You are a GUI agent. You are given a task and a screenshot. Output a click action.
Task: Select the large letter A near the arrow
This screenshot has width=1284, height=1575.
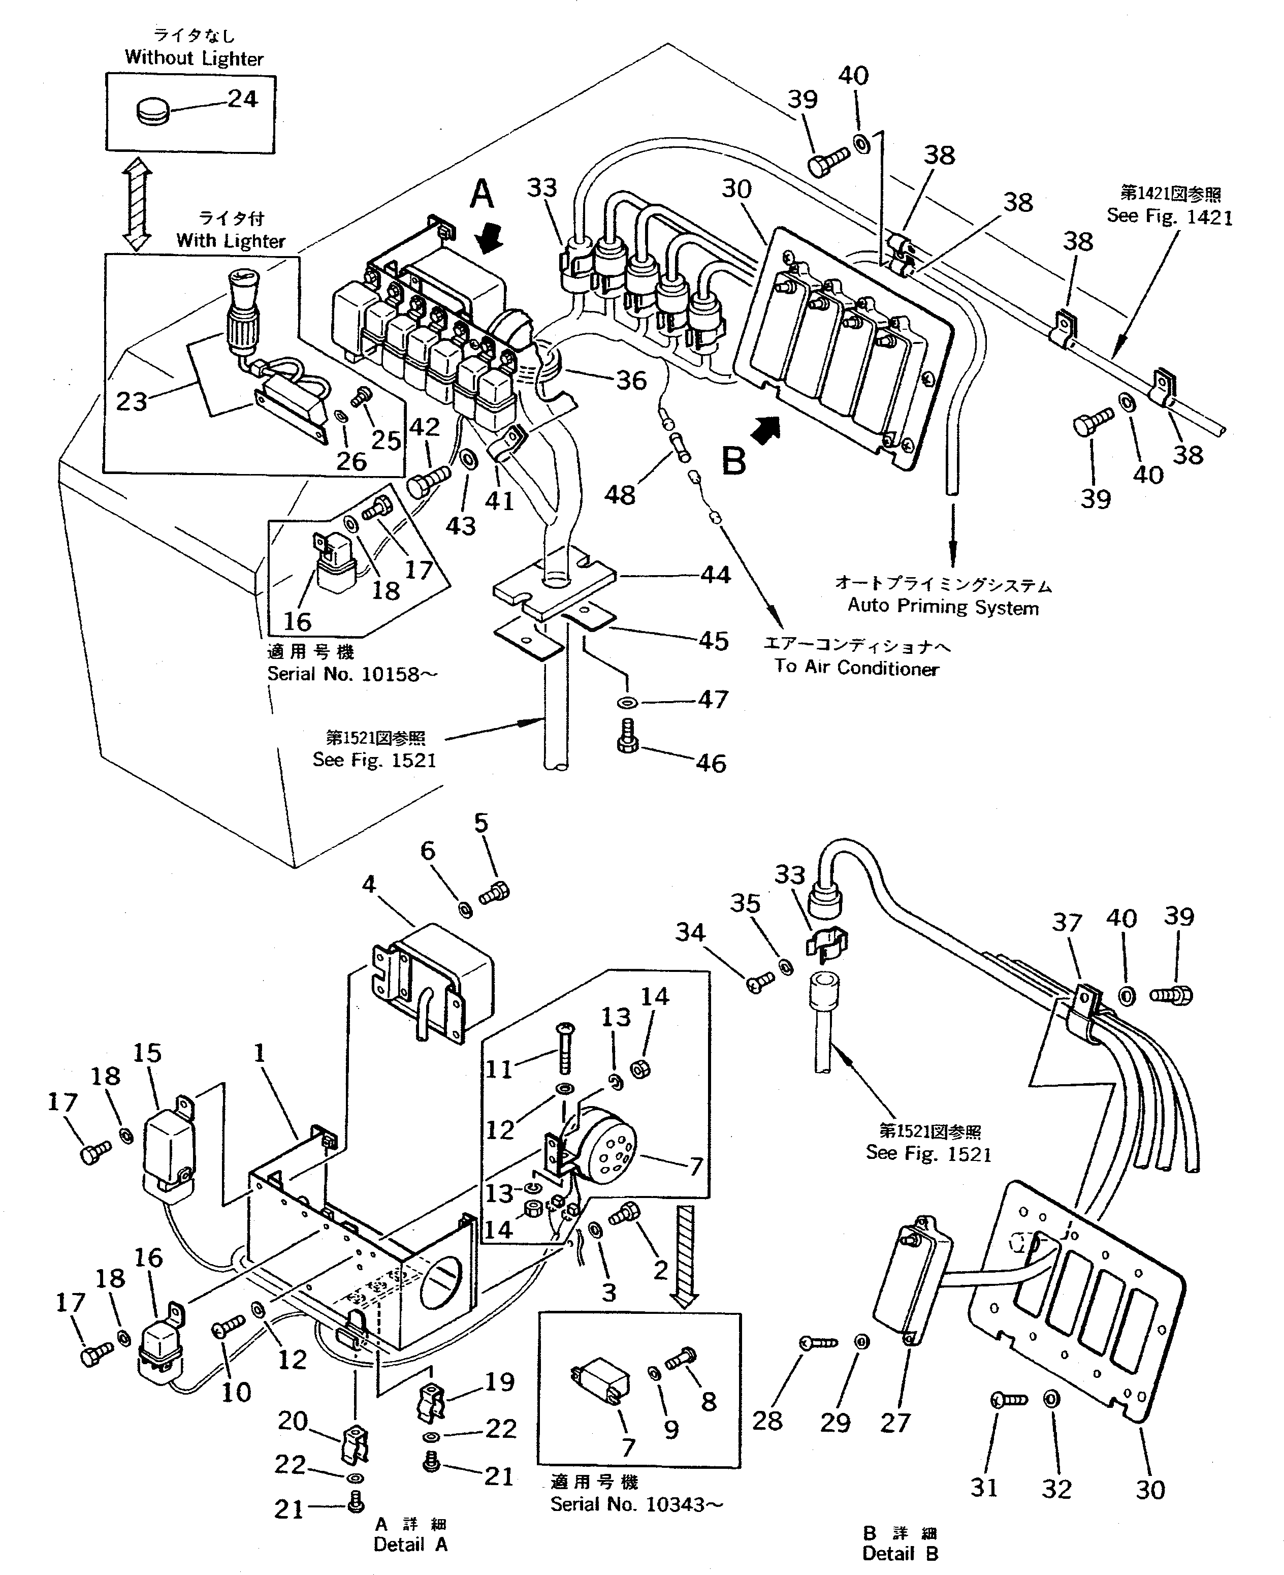click(482, 195)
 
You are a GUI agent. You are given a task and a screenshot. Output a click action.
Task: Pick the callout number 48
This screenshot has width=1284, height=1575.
click(619, 494)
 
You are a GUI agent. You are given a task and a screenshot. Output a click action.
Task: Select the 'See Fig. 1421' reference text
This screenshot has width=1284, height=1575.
click(1169, 217)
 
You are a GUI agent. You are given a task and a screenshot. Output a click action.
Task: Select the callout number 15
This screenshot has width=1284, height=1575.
click(147, 1053)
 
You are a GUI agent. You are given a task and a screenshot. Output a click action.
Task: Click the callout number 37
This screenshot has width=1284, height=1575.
click(1067, 923)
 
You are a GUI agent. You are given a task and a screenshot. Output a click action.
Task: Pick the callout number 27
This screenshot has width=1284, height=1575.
click(894, 1422)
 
